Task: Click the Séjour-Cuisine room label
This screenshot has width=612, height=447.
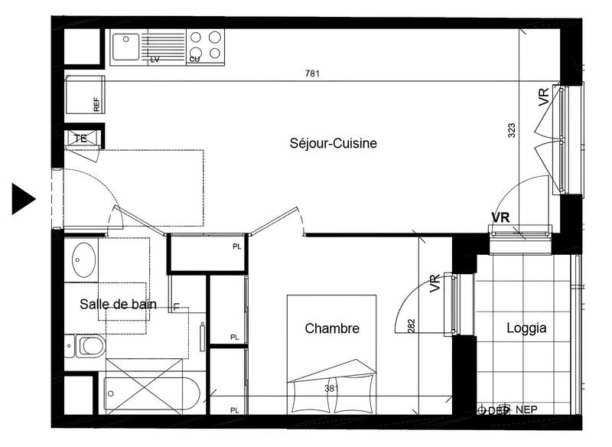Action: (x=334, y=143)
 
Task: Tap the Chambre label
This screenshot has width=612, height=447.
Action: (x=332, y=328)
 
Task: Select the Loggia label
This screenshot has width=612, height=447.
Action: (x=526, y=328)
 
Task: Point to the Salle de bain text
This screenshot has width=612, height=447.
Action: (x=118, y=304)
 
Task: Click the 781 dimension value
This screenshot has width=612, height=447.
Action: (x=312, y=74)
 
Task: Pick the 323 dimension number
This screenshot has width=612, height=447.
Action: (x=511, y=131)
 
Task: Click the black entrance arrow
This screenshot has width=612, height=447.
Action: (x=23, y=198)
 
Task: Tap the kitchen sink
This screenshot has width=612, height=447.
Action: (x=125, y=46)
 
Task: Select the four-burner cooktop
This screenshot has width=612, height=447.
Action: (x=205, y=44)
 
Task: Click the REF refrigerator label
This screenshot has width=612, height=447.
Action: (x=96, y=106)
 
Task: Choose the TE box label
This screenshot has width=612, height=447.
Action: (x=80, y=139)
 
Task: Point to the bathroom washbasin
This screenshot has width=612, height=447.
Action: (x=82, y=259)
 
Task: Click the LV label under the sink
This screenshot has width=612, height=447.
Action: (x=155, y=59)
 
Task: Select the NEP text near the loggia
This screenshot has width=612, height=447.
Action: (x=526, y=410)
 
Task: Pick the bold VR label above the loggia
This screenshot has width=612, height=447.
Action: (x=501, y=217)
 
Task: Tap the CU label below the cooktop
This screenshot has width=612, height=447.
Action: (x=195, y=59)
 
